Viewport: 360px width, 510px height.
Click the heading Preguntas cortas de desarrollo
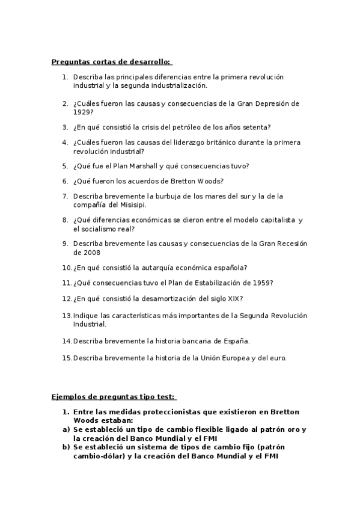pyautogui.click(x=111, y=61)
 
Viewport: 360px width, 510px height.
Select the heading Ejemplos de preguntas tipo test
pyautogui.click(x=114, y=396)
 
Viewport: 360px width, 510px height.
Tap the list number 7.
pyautogui.click(x=65, y=196)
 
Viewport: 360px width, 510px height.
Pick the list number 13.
pyautogui.click(x=67, y=315)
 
